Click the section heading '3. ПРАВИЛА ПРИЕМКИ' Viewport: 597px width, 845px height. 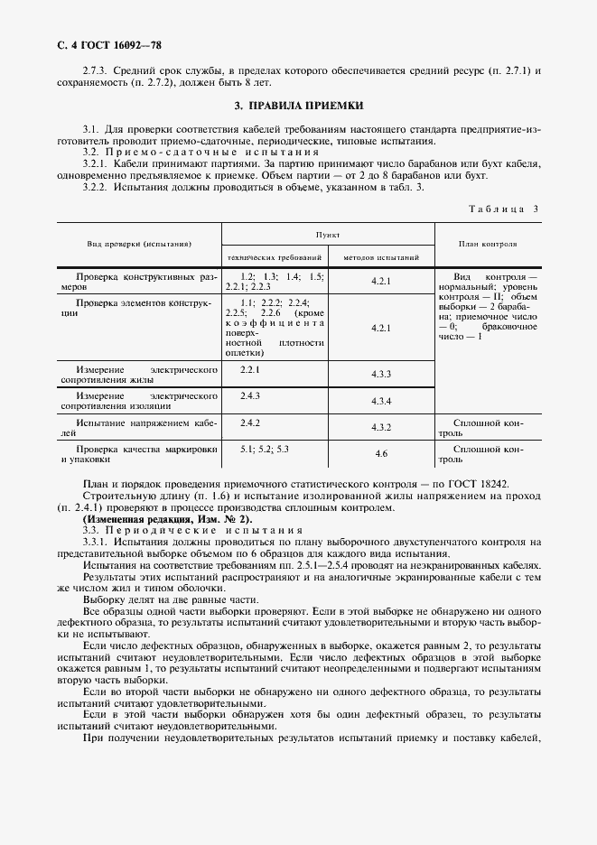(298, 106)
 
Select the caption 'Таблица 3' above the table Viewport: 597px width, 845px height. (504, 209)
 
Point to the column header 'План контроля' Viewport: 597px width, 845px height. (488, 244)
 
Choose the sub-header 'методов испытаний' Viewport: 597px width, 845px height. (380, 256)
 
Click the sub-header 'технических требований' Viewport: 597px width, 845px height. (275, 256)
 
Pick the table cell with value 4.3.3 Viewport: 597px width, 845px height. (380, 374)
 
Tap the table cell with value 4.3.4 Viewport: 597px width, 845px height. (380, 401)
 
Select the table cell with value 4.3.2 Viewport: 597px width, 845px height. (380, 427)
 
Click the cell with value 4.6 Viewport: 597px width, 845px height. (380, 453)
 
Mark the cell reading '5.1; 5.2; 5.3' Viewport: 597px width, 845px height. (264, 449)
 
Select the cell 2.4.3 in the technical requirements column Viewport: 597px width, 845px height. (250, 396)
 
